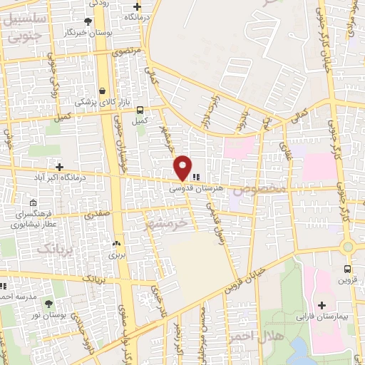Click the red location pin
pos(183,167)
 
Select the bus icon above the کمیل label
pos(140,110)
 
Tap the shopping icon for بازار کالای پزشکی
pos(104,91)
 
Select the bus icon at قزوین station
pos(347,269)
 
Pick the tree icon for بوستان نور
pos(48,304)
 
